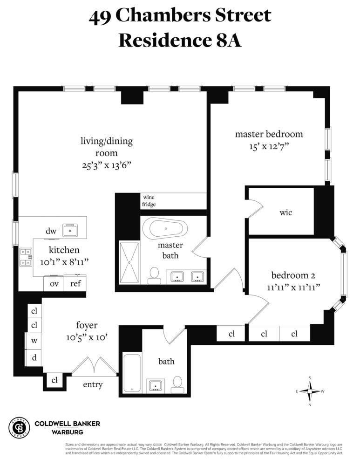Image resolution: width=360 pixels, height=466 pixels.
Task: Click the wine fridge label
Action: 149,201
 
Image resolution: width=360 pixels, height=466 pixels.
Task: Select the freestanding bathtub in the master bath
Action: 165,229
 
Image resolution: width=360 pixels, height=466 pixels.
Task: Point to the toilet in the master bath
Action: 154,275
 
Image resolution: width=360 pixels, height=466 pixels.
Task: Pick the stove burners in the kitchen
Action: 25,257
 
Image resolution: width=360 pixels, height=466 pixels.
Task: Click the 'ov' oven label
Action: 54,283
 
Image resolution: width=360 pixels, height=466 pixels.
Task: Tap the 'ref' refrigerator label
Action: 75,283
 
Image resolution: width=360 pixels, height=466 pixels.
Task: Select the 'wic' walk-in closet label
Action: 285,212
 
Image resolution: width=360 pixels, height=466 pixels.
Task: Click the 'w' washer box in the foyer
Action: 34,341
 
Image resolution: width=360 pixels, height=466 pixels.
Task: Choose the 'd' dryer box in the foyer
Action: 34,358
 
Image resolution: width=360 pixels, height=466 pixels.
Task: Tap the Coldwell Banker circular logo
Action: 19,427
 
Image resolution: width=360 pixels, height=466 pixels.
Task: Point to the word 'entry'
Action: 93,385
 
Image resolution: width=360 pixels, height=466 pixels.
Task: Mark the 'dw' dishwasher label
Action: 51,230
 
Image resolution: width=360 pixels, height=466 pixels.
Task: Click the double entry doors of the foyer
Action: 95,366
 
